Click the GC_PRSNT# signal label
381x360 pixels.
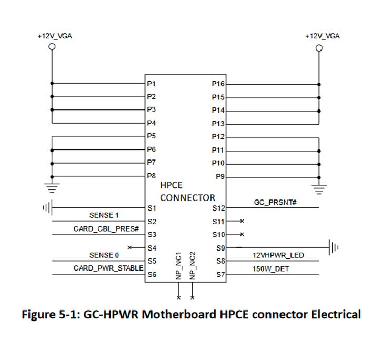tap(276, 202)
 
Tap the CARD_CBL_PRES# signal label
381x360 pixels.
tap(106, 229)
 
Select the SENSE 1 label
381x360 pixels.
tap(104, 215)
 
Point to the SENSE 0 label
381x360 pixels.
tap(104, 255)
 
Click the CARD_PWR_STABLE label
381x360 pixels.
tap(108, 268)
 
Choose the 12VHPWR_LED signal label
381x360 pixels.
tap(278, 255)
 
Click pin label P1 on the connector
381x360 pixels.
tap(152, 84)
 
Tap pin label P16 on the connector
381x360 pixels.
tap(218, 84)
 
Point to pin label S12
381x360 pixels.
tap(218, 209)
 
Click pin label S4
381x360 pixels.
tap(152, 248)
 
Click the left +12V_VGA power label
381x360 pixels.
tap(54, 36)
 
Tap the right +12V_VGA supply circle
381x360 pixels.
tap(318, 47)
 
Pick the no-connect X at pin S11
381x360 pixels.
tap(242, 222)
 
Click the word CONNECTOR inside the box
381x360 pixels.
tap(187, 198)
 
